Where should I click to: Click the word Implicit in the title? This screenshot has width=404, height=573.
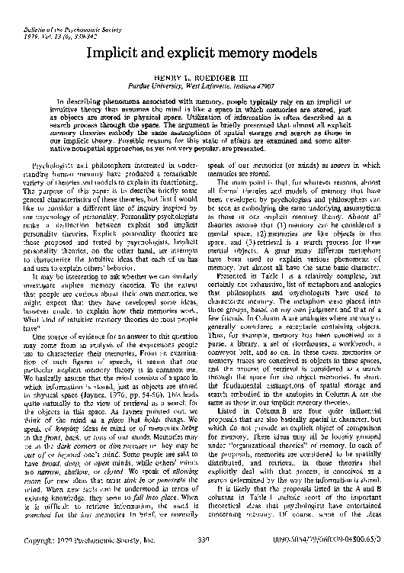click(117, 53)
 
